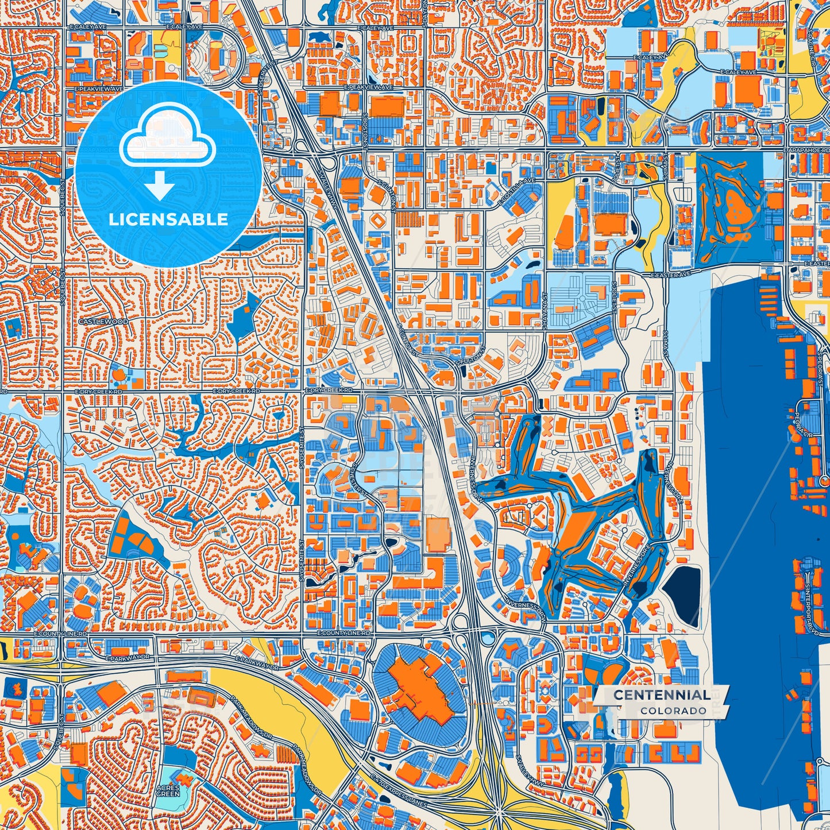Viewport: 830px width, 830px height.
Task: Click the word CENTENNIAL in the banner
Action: pyautogui.click(x=661, y=695)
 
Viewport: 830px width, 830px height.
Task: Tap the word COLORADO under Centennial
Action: pyautogui.click(x=673, y=711)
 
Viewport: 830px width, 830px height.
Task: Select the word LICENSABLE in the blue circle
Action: pyautogui.click(x=168, y=219)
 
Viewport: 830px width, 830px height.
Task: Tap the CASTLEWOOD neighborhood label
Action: pyautogui.click(x=103, y=322)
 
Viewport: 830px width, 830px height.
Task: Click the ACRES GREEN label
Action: pyautogui.click(x=168, y=791)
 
